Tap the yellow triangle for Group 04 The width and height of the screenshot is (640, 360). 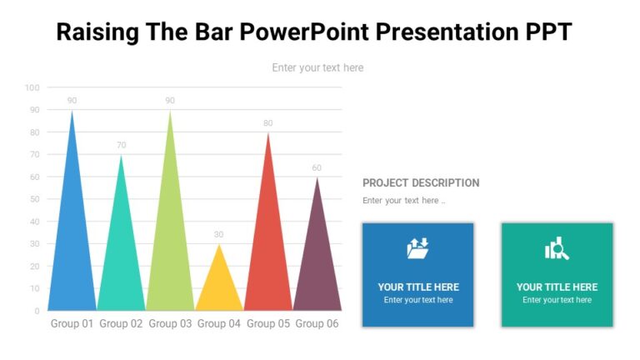[x=219, y=287]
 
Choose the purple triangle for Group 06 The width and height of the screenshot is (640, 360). [x=317, y=267]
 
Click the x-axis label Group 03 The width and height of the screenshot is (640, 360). [x=170, y=323]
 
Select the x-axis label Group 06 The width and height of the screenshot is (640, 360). [x=317, y=323]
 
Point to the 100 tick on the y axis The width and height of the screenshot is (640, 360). [x=32, y=87]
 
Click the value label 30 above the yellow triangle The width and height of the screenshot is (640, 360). [x=219, y=234]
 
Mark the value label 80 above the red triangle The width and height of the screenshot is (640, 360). [x=267, y=123]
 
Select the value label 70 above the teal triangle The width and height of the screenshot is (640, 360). [x=121, y=145]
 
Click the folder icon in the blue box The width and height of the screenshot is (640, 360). [x=417, y=248]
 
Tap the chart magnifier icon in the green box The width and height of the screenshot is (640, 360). [x=556, y=248]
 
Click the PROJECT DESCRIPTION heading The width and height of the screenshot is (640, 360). [x=421, y=182]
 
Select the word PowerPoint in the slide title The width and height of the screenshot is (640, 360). [x=303, y=32]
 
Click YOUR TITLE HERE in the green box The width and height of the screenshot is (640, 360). [x=557, y=287]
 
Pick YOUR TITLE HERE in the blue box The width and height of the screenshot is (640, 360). [x=418, y=287]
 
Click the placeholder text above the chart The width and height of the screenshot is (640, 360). [x=317, y=67]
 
